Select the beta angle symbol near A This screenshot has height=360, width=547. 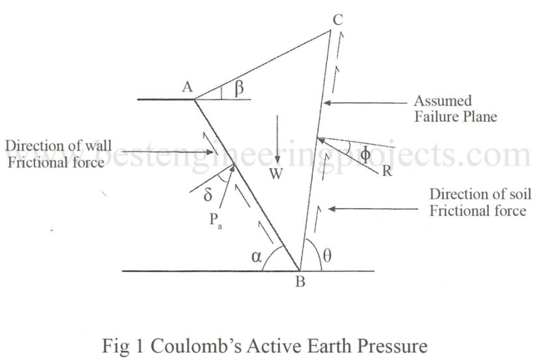point(239,89)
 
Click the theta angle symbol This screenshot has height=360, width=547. point(328,256)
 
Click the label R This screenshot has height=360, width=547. point(388,173)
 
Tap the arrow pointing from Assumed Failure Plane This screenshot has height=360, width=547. point(365,102)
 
